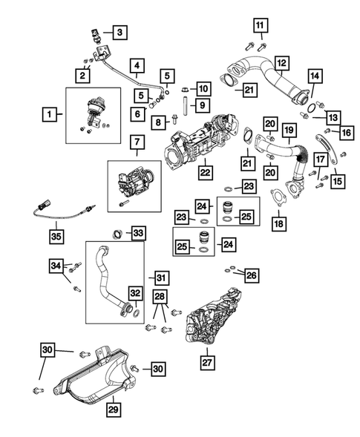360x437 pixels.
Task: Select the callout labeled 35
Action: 56,237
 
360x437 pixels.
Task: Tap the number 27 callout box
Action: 206,363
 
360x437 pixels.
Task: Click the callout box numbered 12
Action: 281,62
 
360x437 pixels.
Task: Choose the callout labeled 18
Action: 279,223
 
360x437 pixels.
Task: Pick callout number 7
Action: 137,141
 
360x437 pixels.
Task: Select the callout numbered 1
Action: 50,114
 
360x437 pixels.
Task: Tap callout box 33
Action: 138,233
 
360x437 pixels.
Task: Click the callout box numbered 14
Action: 314,76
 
